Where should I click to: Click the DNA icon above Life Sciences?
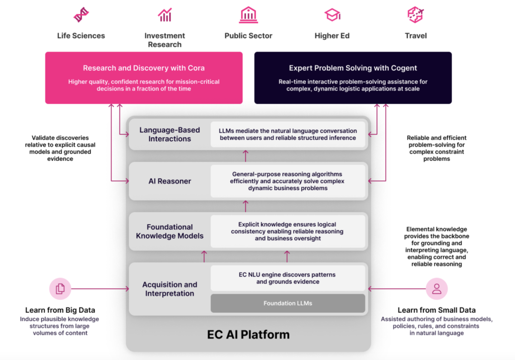click(x=81, y=15)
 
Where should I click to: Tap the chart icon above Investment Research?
click(x=164, y=15)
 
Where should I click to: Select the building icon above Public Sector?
click(x=248, y=15)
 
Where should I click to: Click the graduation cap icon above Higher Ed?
click(x=332, y=15)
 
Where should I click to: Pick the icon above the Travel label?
click(x=415, y=15)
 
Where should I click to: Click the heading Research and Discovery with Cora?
click(x=144, y=68)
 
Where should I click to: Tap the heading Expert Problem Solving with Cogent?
click(x=353, y=68)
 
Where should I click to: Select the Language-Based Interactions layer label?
click(x=169, y=134)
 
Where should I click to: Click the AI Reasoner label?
click(x=169, y=181)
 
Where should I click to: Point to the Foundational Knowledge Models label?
click(x=169, y=231)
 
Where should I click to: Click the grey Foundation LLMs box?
click(x=288, y=303)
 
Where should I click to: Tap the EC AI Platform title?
click(x=248, y=334)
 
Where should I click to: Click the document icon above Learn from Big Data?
click(x=60, y=289)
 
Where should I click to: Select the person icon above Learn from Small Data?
click(x=437, y=289)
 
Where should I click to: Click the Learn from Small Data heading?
click(x=437, y=310)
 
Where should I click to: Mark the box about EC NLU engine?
click(x=288, y=278)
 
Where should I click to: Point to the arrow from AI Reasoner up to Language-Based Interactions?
click(x=246, y=155)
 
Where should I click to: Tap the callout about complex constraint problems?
click(x=437, y=148)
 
